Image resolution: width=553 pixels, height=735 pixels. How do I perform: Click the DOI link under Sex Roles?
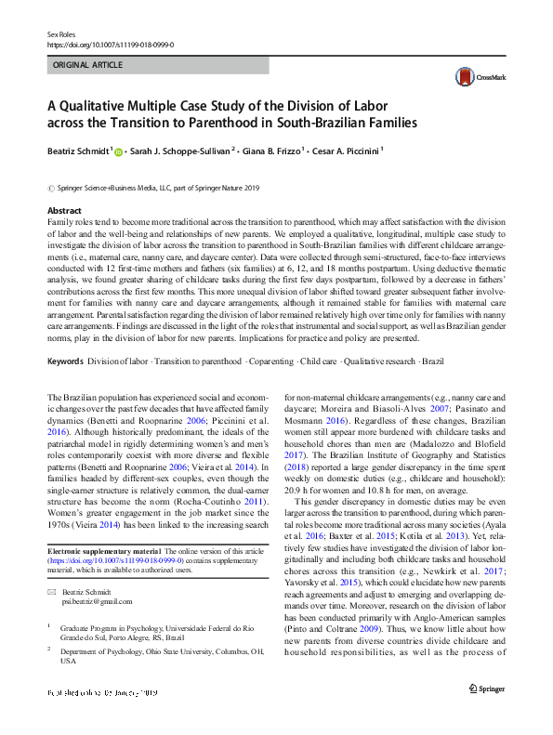[x=110, y=44]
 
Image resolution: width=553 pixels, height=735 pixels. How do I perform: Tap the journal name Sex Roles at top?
[x=60, y=33]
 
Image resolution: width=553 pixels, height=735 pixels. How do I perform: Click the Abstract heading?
[x=64, y=212]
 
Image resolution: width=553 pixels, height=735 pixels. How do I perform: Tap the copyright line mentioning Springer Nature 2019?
[x=156, y=189]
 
